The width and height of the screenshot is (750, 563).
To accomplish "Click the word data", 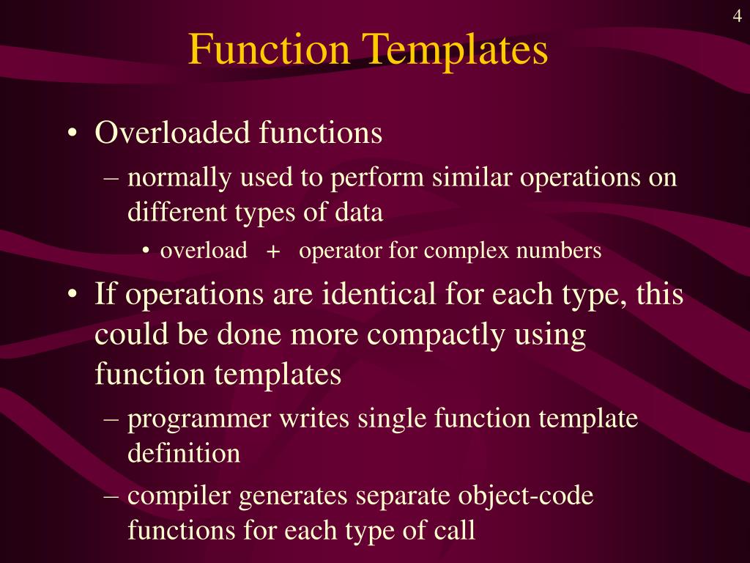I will point(360,213).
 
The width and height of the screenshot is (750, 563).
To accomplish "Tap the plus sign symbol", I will point(273,252).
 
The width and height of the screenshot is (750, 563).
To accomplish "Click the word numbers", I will point(559,251).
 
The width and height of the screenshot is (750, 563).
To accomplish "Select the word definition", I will point(184,454).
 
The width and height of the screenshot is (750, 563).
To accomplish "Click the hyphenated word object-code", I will point(520,496).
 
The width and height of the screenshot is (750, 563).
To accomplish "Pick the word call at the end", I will point(456,530).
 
